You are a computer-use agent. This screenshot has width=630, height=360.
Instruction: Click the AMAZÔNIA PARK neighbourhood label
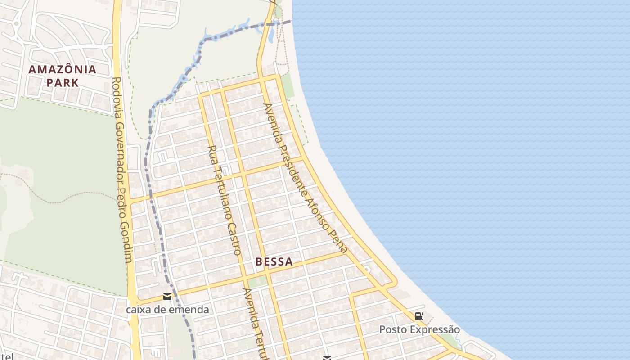pyautogui.click(x=63, y=76)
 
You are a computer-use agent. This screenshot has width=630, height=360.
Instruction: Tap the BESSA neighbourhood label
pyautogui.click(x=274, y=261)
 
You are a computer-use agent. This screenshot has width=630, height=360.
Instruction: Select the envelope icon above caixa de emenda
pyautogui.click(x=167, y=297)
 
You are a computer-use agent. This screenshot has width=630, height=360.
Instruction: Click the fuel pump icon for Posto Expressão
pyautogui.click(x=419, y=316)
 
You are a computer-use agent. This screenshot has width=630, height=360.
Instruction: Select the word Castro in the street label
pyautogui.click(x=234, y=238)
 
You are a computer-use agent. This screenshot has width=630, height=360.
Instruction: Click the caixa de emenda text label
pyautogui.click(x=167, y=310)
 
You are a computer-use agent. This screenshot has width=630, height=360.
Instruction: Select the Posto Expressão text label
pyautogui.click(x=419, y=329)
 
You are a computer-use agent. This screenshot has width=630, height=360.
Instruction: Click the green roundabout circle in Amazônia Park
pyautogui.click(x=17, y=23)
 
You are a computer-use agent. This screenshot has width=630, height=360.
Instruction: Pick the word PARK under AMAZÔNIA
pyautogui.click(x=63, y=83)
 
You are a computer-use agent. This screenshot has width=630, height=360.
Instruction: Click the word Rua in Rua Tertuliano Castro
pyautogui.click(x=211, y=153)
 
